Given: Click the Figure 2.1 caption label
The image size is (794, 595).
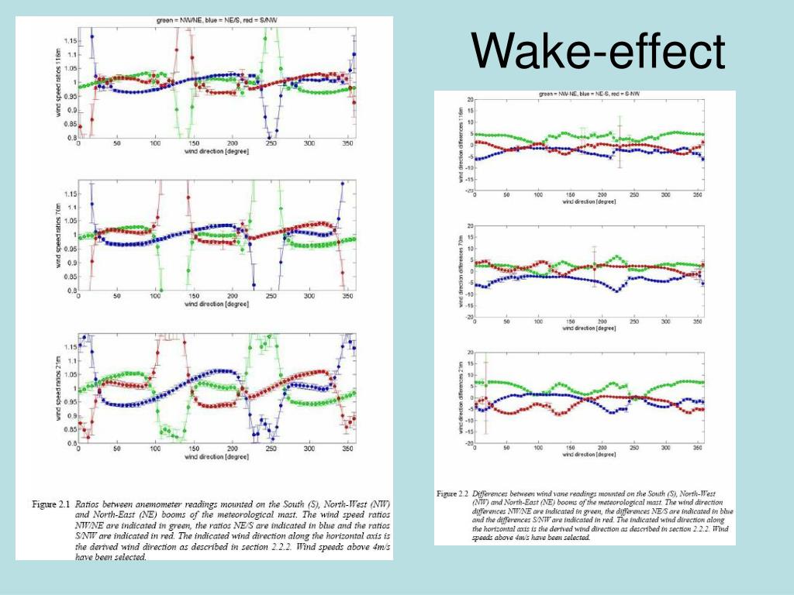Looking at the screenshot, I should coord(51,504).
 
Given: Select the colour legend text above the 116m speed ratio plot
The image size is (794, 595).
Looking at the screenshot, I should coord(209,22).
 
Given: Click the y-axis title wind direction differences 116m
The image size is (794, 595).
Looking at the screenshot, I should coord(459,144).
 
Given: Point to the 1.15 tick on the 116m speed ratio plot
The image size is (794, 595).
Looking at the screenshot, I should coord(70,40).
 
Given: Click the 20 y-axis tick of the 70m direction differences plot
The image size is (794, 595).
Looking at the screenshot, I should coord(469,226).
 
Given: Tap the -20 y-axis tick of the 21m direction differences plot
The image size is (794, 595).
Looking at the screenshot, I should coord(468,443).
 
